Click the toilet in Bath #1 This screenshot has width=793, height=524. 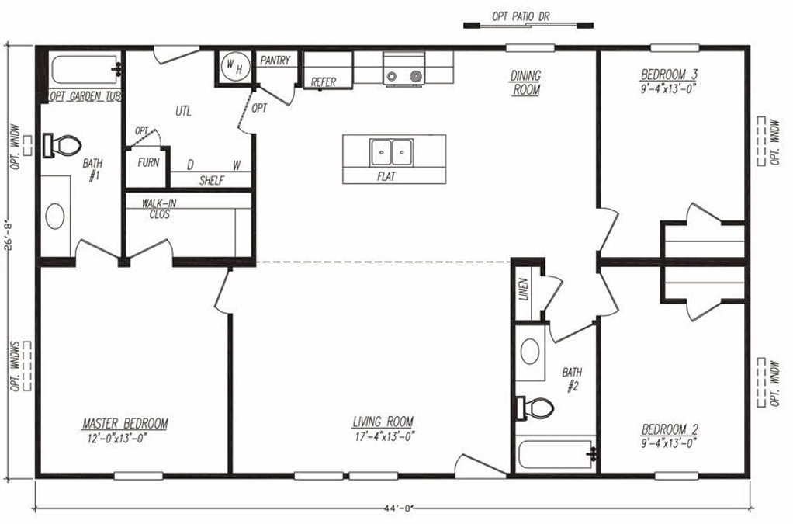point(62,146)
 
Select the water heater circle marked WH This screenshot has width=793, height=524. point(235,67)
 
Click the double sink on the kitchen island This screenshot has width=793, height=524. point(391,152)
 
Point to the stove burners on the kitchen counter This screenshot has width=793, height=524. point(403,77)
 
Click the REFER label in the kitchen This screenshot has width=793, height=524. point(323,82)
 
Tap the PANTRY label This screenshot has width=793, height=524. point(275,61)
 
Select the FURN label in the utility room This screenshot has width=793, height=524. point(148,162)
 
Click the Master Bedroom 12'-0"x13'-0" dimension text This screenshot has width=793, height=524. point(117,438)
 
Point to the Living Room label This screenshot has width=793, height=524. point(383,422)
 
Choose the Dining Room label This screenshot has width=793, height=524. point(525,83)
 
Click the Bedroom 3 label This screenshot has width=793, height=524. point(669,75)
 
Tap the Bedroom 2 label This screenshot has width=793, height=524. point(670,430)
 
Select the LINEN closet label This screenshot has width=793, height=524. point(524,290)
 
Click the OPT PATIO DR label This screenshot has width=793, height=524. point(521,16)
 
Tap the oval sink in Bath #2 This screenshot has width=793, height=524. point(530,351)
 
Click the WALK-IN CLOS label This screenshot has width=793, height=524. point(159,209)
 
